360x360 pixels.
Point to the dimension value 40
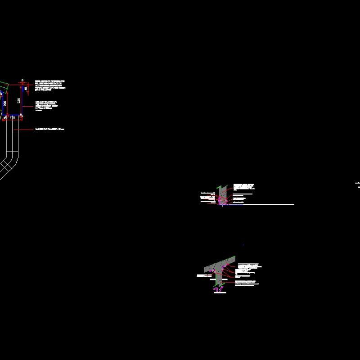[27, 89]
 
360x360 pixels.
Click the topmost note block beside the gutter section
[50, 85]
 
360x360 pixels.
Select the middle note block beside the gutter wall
[47, 106]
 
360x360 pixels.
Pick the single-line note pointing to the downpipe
[50, 130]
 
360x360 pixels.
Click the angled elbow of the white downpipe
[11, 162]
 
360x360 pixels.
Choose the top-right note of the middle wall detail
[243, 186]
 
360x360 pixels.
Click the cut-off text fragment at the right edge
[358, 183]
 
